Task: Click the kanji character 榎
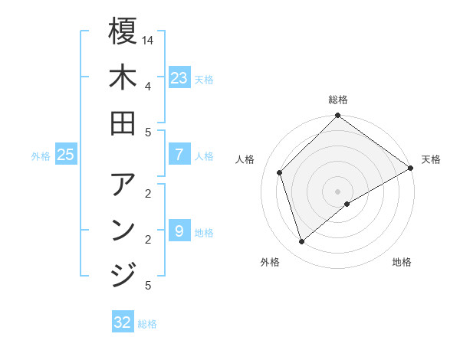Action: coord(123,31)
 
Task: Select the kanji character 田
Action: coord(123,122)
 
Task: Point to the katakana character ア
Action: coord(123,185)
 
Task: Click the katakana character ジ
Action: coord(123,274)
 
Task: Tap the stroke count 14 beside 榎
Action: coord(149,39)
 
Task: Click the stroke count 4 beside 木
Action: coord(148,85)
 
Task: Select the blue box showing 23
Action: coord(179,78)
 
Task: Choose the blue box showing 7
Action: coord(179,155)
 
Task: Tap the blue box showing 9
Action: coord(179,231)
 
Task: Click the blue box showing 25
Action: coord(66,155)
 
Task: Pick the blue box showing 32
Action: coord(123,322)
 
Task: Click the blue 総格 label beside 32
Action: coord(147,324)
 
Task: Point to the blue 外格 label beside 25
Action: coord(41,156)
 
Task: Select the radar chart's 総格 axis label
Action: coord(338,100)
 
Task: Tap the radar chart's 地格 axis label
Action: coord(402,262)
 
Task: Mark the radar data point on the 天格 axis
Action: coord(411,168)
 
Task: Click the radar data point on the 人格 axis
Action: coord(280,172)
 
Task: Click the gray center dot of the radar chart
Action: coord(338,191)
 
